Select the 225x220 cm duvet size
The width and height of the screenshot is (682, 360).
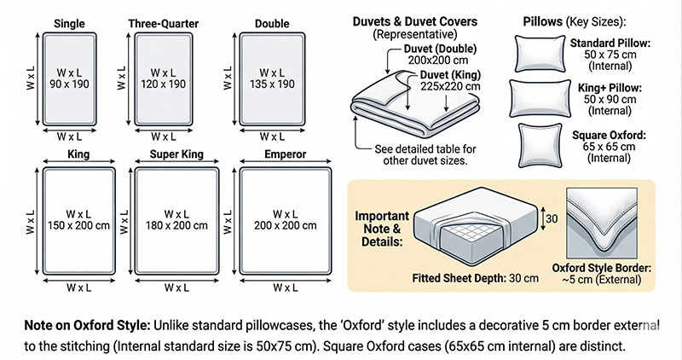pos(449,86)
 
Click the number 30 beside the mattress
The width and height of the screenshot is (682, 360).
pos(552,219)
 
